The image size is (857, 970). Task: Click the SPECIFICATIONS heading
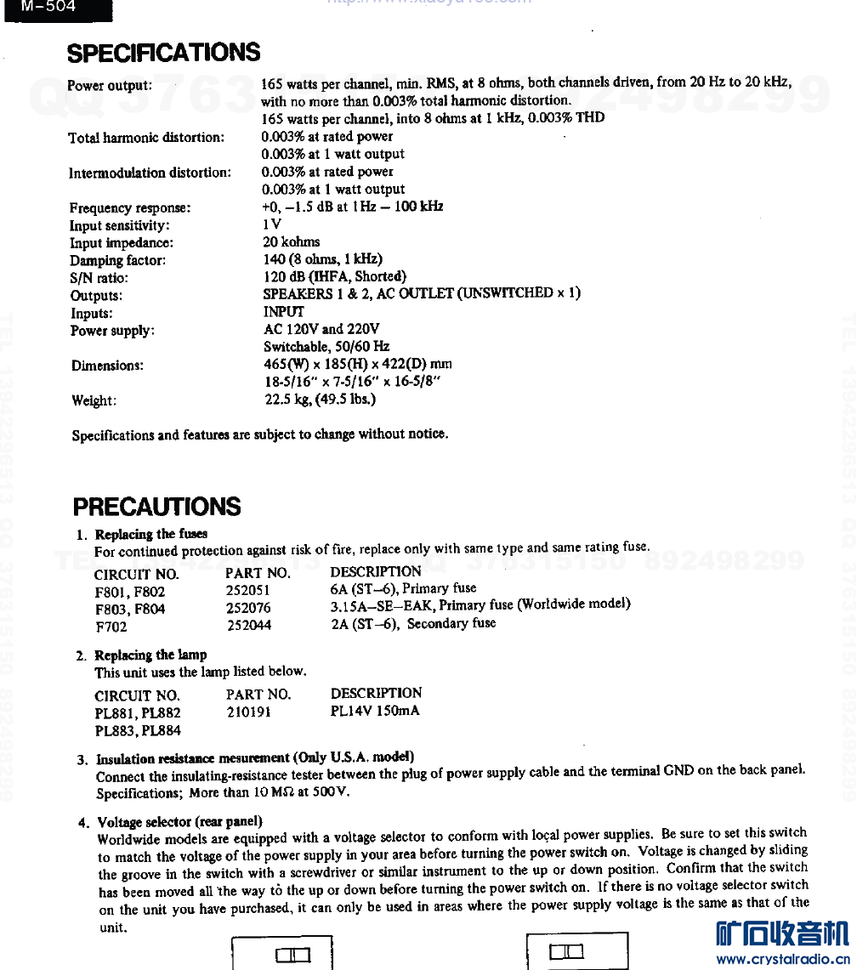pyautogui.click(x=163, y=53)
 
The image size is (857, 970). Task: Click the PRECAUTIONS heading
pyautogui.click(x=156, y=508)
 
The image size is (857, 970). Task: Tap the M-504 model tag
pyautogui.click(x=50, y=7)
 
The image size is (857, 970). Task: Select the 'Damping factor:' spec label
pyautogui.click(x=117, y=261)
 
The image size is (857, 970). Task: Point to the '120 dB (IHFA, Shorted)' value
pyautogui.click(x=335, y=276)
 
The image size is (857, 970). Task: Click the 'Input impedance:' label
pyautogui.click(x=121, y=243)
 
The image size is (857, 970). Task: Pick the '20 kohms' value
pyautogui.click(x=291, y=242)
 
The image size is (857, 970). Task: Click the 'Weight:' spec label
pyautogui.click(x=94, y=401)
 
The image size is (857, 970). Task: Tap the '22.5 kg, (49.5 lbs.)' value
pyautogui.click(x=320, y=399)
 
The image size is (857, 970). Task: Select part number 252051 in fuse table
pyautogui.click(x=248, y=591)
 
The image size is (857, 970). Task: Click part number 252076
pyautogui.click(x=248, y=608)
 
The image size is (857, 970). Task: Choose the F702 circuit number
pyautogui.click(x=111, y=626)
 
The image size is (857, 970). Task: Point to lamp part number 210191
pyautogui.click(x=248, y=712)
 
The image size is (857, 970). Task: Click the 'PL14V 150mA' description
pyautogui.click(x=375, y=711)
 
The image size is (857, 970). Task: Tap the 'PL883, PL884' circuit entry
pyautogui.click(x=138, y=730)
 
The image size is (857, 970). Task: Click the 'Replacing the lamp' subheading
pyautogui.click(x=150, y=655)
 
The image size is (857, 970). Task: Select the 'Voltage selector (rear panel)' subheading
pyautogui.click(x=179, y=822)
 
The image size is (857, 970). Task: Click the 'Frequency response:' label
pyautogui.click(x=130, y=208)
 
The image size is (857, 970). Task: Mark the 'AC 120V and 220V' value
pyautogui.click(x=321, y=329)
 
